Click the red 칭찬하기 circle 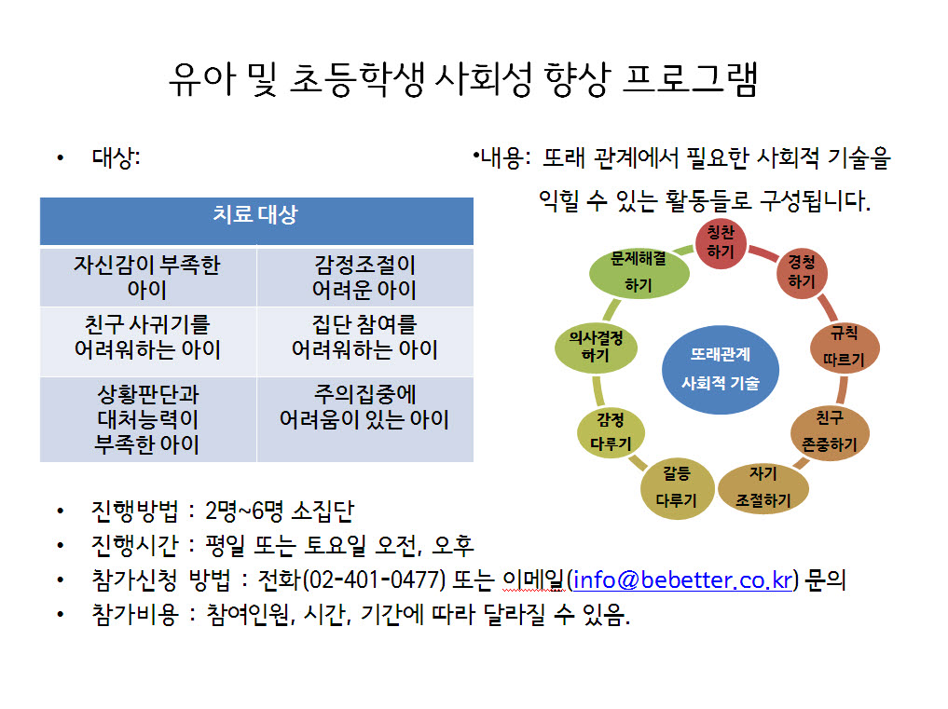click(x=720, y=243)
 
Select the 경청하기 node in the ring click(x=802, y=273)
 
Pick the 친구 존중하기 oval click(x=831, y=432)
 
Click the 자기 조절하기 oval click(x=763, y=488)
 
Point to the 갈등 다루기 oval click(x=677, y=488)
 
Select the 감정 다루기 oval click(x=611, y=432)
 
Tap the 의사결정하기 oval click(x=597, y=347)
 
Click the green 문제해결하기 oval click(x=639, y=273)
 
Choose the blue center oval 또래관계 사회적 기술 click(x=720, y=369)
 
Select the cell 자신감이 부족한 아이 click(x=148, y=277)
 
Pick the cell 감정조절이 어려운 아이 click(x=364, y=277)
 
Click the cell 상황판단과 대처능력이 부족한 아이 click(x=148, y=419)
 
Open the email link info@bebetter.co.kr click(x=682, y=580)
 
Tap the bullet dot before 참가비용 click(x=60, y=615)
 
